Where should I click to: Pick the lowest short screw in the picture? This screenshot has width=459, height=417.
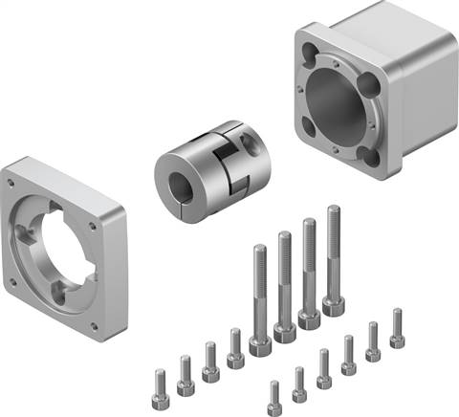tap(274, 395)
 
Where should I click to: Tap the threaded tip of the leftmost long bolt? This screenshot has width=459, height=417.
tap(259, 252)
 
